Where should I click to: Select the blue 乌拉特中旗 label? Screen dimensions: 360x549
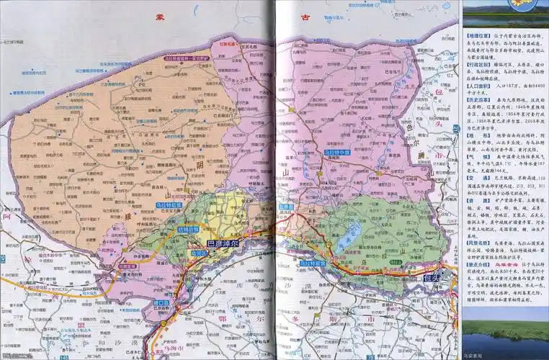(x=338, y=153)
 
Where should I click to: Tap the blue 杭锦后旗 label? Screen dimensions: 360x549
(x=187, y=230)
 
